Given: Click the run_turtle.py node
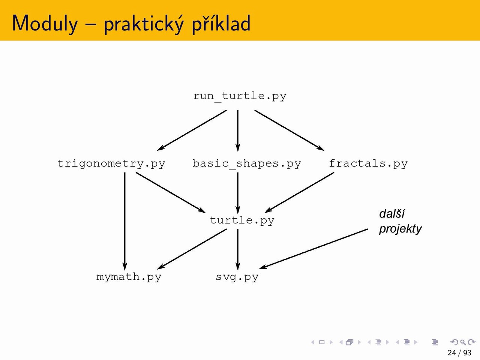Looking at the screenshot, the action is coord(240,96).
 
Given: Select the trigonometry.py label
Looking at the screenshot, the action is coord(111,164).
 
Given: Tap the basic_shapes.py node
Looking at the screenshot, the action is coord(247,164).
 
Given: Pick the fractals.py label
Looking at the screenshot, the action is coord(368,163).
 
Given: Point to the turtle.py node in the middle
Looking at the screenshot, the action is coord(242,220).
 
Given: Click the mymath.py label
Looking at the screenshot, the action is coord(129,277).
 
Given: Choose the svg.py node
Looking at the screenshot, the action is coord(237,277).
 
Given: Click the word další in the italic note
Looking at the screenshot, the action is coord(392,213).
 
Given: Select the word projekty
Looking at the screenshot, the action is coord(400,229).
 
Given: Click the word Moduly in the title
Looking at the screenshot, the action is coord(45,23).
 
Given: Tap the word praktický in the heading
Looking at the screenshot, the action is coord(144,24).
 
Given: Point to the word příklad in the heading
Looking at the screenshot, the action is coord(221,24).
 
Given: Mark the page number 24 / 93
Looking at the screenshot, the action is coord(459,352).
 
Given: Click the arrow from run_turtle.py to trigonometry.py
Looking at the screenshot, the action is coord(192,130).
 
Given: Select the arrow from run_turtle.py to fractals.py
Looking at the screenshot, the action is coord(289,130).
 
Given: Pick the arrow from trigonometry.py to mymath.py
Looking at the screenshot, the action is coord(125,221).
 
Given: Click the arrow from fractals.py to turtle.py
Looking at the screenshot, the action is coord(299,193).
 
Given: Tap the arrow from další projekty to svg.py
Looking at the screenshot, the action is coord(313,249).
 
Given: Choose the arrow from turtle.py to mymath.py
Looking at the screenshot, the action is coord(192,249).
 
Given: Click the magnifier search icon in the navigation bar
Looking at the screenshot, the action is coord(463,342).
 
